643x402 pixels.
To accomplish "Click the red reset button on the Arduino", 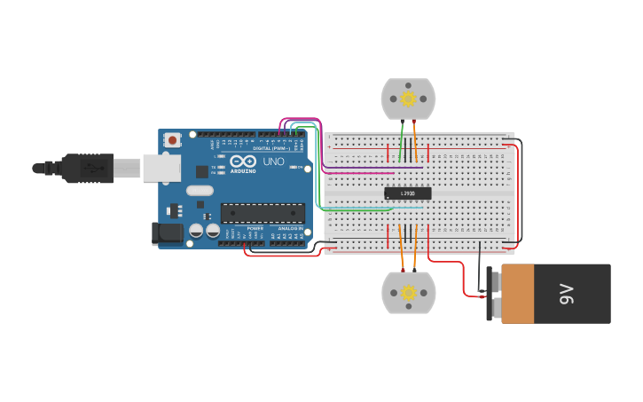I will pyautogui.click(x=172, y=139).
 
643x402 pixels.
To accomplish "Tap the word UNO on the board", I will pyautogui.click(x=274, y=162).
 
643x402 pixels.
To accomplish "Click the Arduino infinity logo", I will pyautogui.click(x=242, y=162).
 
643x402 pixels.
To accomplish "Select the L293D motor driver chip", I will pyautogui.click(x=408, y=193).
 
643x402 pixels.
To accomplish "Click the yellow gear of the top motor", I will pyautogui.click(x=408, y=99).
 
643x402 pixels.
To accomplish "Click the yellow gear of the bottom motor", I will pyautogui.click(x=408, y=293).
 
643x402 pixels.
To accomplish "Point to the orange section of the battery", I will pyautogui.click(x=517, y=294).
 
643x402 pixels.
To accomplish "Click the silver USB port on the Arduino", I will pyautogui.click(x=161, y=168).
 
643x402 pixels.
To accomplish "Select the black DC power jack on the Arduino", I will pyautogui.click(x=167, y=233).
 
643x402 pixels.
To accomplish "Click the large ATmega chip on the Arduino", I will pyautogui.click(x=263, y=213).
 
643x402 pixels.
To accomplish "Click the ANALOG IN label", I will pyautogui.click(x=287, y=228).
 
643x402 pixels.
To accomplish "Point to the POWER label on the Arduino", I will pyautogui.click(x=255, y=228).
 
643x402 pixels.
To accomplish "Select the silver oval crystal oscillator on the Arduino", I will pyautogui.click(x=200, y=190).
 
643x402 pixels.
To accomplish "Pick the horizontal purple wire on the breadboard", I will pyautogui.click(x=372, y=167).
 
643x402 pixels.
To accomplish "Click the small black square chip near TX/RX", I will pyautogui.click(x=202, y=171).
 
